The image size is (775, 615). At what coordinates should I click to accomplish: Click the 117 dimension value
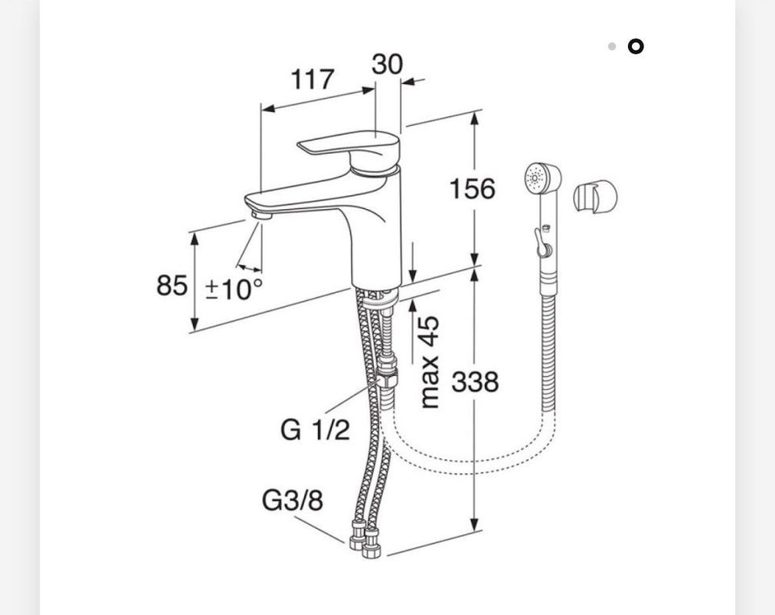(312, 80)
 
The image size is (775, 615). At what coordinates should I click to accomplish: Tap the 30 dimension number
(387, 65)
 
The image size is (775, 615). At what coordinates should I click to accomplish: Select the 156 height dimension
(472, 189)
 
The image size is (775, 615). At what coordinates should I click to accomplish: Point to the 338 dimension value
(475, 382)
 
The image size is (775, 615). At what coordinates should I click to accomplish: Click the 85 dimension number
(172, 286)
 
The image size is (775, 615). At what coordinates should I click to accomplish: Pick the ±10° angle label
(234, 289)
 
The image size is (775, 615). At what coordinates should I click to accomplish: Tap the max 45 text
(429, 362)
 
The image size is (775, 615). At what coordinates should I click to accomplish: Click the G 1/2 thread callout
(315, 429)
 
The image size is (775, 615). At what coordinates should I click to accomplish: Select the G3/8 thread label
(292, 500)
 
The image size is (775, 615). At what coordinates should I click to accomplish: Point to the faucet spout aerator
(262, 215)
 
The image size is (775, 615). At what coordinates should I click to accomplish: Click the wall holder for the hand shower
(595, 195)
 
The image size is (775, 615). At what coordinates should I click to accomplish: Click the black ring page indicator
(635, 47)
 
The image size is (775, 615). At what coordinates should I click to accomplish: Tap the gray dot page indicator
(612, 47)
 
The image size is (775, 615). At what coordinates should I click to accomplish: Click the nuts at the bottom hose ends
(365, 540)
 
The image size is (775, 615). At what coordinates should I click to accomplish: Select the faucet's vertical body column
(377, 232)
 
